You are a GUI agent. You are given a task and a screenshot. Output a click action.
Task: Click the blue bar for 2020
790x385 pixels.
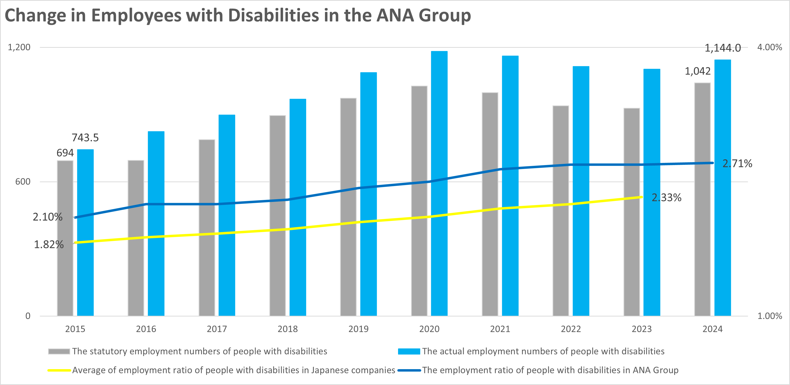(x=439, y=184)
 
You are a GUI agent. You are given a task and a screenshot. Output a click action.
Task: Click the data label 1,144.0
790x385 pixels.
(x=722, y=48)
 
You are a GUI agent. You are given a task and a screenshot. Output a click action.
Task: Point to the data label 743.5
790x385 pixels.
(x=85, y=138)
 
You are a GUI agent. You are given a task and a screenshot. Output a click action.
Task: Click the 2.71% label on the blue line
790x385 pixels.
(x=737, y=163)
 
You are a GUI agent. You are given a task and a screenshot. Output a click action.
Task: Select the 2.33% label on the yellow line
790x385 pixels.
(x=666, y=197)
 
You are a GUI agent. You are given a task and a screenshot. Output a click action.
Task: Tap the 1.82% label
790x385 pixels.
(x=49, y=244)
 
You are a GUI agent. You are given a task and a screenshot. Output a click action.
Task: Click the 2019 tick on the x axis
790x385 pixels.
(x=358, y=329)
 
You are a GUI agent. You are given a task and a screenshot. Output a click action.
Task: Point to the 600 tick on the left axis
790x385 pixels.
(x=23, y=181)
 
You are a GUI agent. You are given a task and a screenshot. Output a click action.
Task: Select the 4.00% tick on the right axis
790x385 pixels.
(x=770, y=47)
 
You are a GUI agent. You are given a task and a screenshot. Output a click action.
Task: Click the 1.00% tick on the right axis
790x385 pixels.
(x=770, y=316)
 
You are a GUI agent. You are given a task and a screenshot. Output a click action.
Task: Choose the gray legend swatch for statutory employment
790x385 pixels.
(x=59, y=351)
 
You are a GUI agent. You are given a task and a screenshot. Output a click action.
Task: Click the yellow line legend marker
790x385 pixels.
(x=59, y=370)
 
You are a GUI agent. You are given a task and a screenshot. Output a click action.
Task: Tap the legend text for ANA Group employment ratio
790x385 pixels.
(x=550, y=370)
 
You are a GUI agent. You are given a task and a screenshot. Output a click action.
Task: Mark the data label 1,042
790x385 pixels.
(x=698, y=71)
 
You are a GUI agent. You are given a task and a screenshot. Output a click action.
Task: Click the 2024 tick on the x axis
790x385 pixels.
(x=712, y=329)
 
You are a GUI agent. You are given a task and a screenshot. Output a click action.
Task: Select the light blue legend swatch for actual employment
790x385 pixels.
(x=409, y=351)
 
